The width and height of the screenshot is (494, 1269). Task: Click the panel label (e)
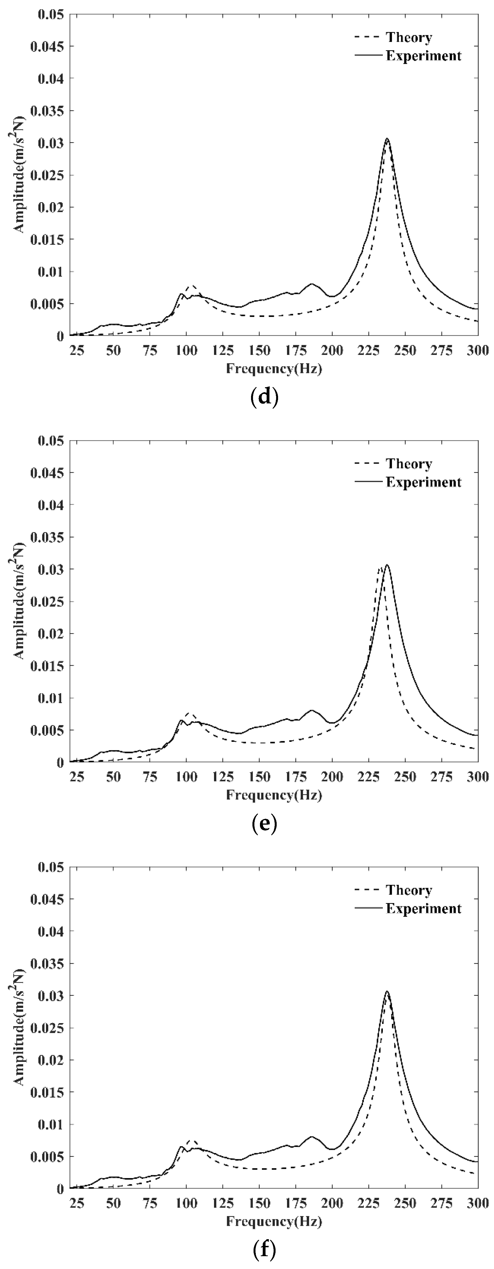tap(264, 823)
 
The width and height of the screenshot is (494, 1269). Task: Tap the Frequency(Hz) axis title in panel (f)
tap(274, 1221)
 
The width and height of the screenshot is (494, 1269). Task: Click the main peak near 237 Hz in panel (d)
tap(387, 139)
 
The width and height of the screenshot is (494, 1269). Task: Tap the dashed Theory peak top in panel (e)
tap(381, 568)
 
